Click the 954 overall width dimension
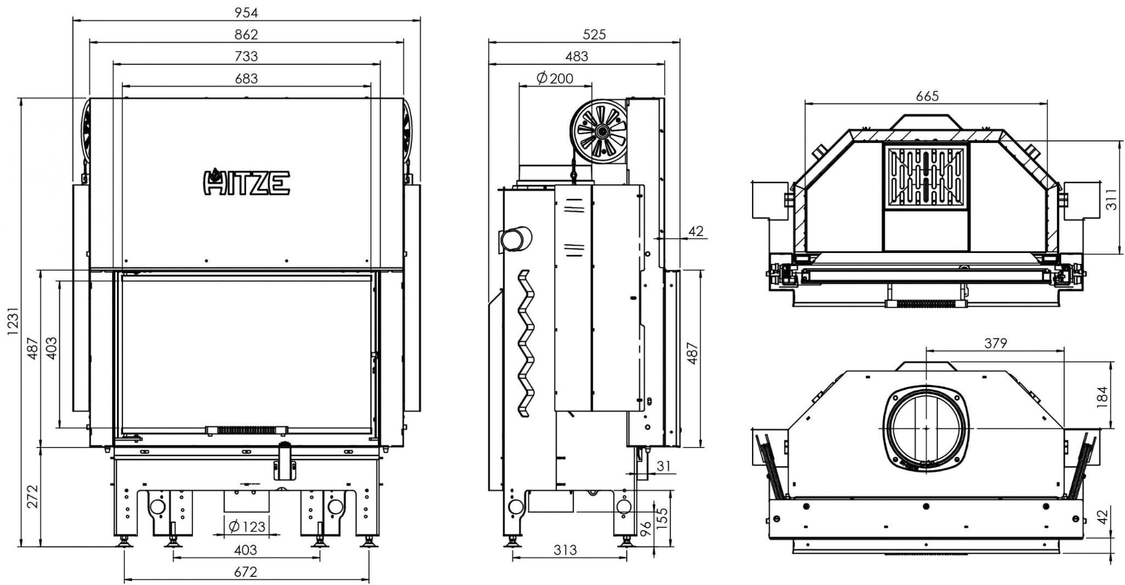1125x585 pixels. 246,12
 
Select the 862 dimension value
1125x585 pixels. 246,34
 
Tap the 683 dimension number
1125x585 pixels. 246,78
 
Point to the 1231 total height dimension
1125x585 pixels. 13,321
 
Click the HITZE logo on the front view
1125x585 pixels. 247,182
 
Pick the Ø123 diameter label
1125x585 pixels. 247,527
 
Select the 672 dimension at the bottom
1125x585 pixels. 246,572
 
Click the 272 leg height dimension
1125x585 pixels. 32,496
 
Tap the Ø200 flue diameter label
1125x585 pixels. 555,78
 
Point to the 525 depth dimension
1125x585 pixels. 594,34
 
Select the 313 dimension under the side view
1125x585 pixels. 565,550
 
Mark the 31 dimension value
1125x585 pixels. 664,466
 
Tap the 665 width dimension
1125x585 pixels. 927,96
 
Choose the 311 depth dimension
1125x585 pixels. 1111,199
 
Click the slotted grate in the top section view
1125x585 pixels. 926,177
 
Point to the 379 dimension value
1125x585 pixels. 996,343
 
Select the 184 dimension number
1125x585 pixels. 1102,397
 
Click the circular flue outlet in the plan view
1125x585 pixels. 926,428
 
